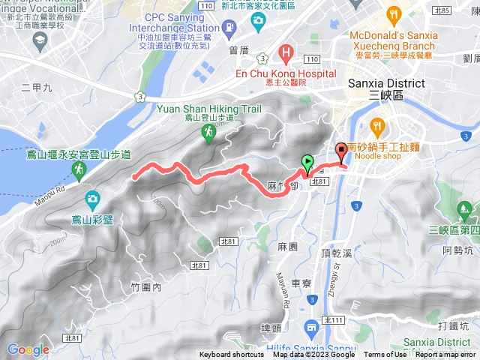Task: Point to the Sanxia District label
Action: point(387,83)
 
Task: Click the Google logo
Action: point(28,349)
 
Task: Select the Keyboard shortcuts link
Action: point(232,355)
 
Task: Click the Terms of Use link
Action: point(385,355)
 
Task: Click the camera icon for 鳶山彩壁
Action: point(92,199)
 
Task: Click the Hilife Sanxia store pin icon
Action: point(311,327)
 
